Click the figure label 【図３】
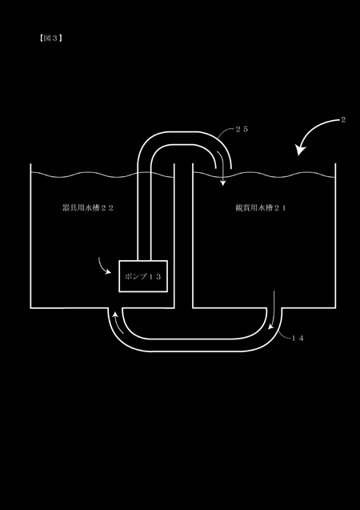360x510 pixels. (50, 38)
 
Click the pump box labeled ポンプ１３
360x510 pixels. (143, 276)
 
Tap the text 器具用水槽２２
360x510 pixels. (88, 208)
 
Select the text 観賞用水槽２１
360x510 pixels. (261, 208)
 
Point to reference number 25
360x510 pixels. (242, 129)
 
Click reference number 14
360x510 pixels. (298, 338)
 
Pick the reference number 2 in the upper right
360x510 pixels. (343, 120)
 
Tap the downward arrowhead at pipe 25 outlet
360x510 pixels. (222, 183)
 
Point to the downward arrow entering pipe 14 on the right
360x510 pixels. (273, 311)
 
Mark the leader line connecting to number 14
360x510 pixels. (284, 335)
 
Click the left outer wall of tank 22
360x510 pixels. (30, 236)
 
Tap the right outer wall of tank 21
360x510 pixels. (335, 236)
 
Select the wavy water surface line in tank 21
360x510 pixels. (264, 175)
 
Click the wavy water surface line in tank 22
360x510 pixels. (102, 175)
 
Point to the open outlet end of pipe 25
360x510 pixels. (223, 168)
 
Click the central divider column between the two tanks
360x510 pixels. (183, 236)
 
